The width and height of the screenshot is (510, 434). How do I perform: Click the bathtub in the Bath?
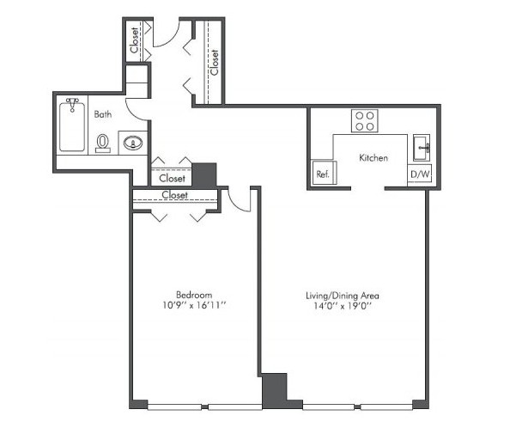coord(72,126)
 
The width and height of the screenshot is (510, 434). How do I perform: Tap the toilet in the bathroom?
coord(103,144)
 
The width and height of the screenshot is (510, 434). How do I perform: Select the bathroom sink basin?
coord(133,143)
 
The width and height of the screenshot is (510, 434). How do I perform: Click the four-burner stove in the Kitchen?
coord(364,121)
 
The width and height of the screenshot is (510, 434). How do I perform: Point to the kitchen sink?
coord(422,148)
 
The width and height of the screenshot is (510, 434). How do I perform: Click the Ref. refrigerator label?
coord(323,174)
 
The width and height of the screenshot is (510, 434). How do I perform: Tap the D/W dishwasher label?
coord(420,174)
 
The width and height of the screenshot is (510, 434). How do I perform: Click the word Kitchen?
coord(373,158)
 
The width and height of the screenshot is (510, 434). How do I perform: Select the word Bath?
coord(103,114)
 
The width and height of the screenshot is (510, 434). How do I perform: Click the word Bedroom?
coord(194,295)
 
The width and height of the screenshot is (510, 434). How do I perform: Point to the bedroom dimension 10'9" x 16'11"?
coord(194,305)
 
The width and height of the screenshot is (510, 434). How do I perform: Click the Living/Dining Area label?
coord(343,296)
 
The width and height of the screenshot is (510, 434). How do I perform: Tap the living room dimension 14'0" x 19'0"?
coord(343,306)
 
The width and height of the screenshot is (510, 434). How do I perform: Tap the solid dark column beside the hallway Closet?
coord(204,174)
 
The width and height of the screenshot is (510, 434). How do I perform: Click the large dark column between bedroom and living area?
coord(275,390)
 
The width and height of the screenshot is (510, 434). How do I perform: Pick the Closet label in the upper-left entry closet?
coord(134,40)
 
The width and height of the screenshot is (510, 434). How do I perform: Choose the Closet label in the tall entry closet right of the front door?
coord(215,62)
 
